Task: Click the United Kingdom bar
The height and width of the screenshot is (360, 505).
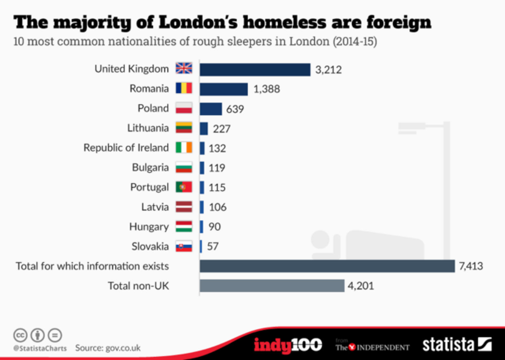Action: tap(255, 69)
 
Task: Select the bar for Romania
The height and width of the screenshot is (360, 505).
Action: tap(224, 89)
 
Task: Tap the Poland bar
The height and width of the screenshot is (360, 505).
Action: tap(211, 109)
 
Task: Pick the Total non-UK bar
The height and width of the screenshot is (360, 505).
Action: tap(272, 286)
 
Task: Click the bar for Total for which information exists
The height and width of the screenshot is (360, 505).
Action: tap(327, 266)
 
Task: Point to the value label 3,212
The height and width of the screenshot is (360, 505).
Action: tap(328, 70)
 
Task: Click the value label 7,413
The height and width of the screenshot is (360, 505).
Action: tap(471, 266)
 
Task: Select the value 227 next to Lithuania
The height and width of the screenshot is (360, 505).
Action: tap(222, 129)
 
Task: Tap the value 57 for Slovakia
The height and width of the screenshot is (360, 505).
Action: tap(213, 246)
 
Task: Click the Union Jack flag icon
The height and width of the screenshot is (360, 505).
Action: tap(184, 68)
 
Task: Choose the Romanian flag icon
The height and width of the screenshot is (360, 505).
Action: tap(184, 88)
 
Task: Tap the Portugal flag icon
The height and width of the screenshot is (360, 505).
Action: tap(184, 187)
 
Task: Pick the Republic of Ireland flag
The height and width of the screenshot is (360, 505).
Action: tap(184, 147)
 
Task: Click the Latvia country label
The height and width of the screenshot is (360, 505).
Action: tap(155, 207)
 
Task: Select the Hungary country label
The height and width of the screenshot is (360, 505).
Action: tap(149, 227)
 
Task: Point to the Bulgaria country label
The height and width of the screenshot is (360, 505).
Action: tap(150, 168)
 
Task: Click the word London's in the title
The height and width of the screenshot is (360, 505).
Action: tap(198, 23)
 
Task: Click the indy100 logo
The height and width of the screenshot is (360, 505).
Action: tap(288, 345)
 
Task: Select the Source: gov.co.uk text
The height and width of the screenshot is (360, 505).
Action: tap(108, 348)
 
